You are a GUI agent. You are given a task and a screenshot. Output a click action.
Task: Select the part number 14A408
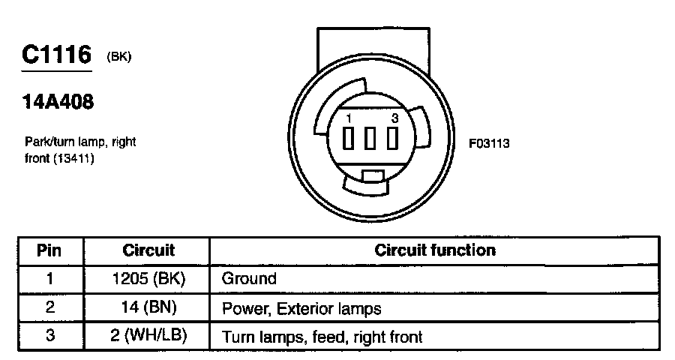58,103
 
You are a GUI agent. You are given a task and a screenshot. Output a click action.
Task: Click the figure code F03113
489,142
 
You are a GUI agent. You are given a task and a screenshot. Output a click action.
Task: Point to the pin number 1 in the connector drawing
349,119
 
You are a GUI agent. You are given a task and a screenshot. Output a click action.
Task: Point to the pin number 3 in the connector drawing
394,119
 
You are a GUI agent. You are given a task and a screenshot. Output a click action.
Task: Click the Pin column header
49,250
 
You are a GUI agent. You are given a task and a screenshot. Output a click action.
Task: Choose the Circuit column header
148,250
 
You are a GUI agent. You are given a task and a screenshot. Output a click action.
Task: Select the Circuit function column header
435,250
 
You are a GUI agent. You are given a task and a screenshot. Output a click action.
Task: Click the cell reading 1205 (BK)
148,278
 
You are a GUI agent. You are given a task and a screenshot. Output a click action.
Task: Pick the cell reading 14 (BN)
148,307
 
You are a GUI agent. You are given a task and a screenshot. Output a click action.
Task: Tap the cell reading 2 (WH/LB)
148,336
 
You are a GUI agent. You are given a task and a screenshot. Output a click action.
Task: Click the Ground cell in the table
249,279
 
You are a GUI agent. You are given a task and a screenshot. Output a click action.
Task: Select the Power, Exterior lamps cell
301,308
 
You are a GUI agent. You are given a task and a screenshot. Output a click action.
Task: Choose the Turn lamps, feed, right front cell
322,337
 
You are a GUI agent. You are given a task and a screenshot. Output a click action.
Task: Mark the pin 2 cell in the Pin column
49,307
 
